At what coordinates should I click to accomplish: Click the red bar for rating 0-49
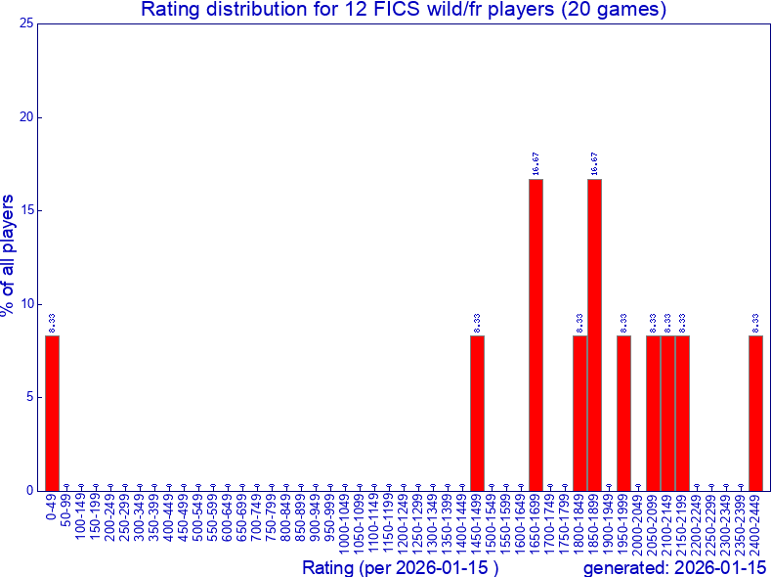pos(52,412)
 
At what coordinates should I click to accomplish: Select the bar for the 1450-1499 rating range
pos(477,412)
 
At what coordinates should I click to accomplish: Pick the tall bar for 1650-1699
pos(536,333)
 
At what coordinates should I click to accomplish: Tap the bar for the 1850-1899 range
pos(594,333)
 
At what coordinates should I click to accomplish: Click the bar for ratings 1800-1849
pos(579,412)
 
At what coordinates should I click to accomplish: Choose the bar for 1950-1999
pos(623,412)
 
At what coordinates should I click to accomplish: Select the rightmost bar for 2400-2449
pos(755,412)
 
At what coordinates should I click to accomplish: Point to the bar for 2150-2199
pos(682,412)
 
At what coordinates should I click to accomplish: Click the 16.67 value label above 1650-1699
pos(536,163)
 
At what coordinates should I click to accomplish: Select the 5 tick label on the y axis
pos(30,397)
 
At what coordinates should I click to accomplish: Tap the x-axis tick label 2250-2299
pos(711,523)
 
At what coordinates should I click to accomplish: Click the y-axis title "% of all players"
pos(10,255)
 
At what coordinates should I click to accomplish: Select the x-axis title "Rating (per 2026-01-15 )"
pos(401,568)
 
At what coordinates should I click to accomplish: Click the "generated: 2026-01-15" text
pos(674,568)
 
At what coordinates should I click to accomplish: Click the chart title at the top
pos(404,11)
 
